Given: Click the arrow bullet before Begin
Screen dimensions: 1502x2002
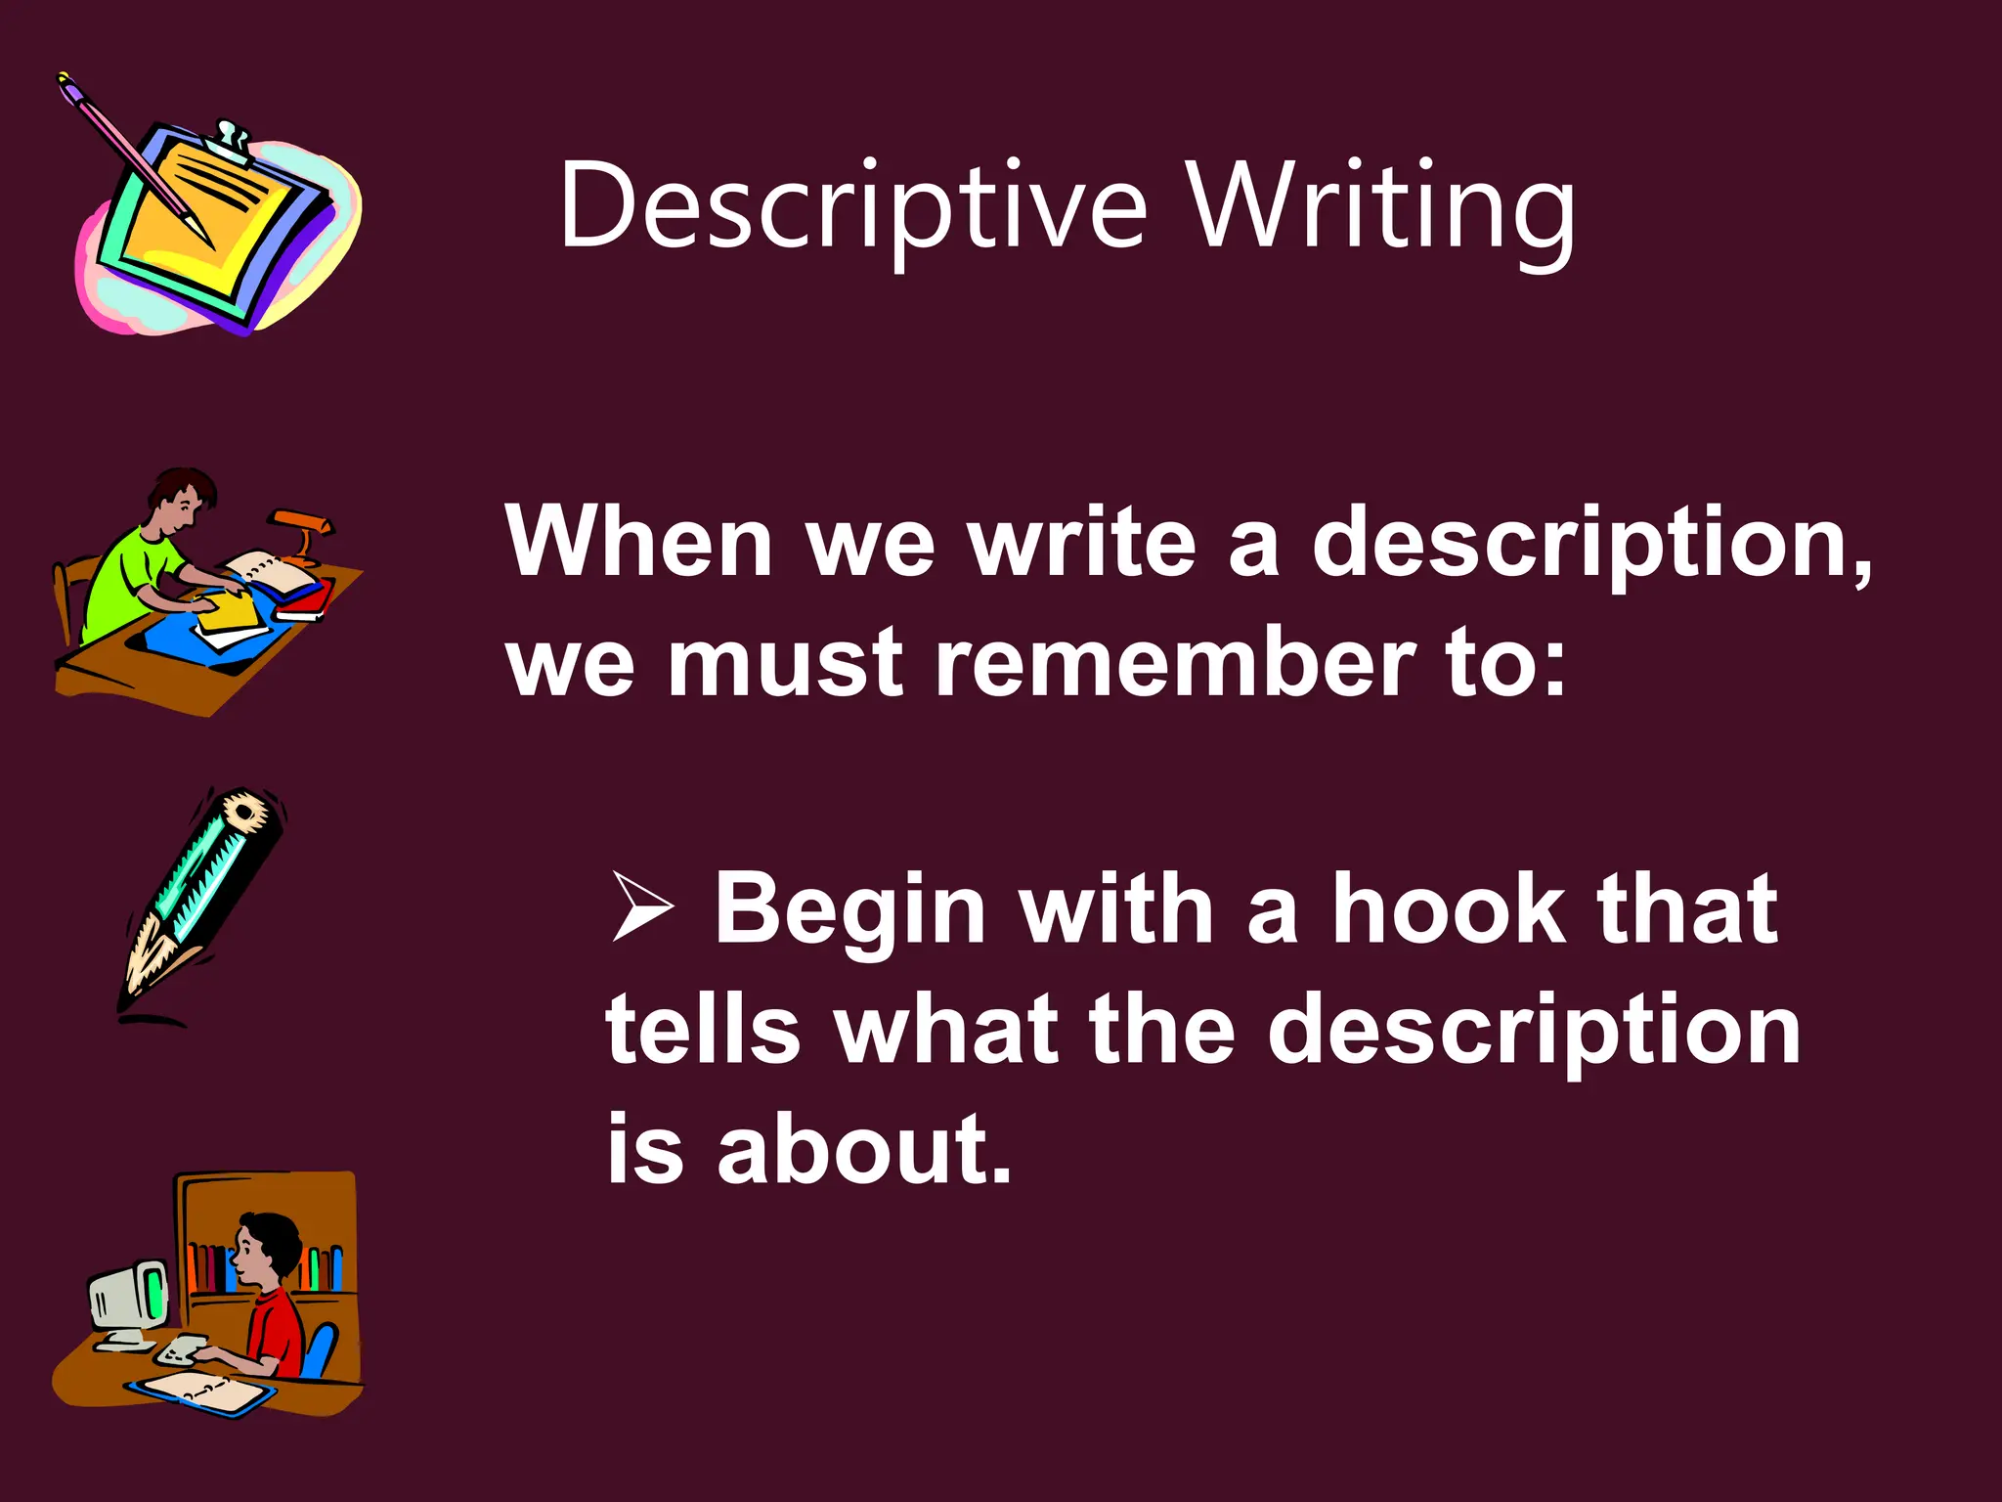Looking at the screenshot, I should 642,908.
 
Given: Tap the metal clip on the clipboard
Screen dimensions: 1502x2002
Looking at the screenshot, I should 233,138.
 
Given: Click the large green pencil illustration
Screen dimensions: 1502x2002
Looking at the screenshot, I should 200,900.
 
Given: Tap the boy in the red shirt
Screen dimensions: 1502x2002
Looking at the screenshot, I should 270,1291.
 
